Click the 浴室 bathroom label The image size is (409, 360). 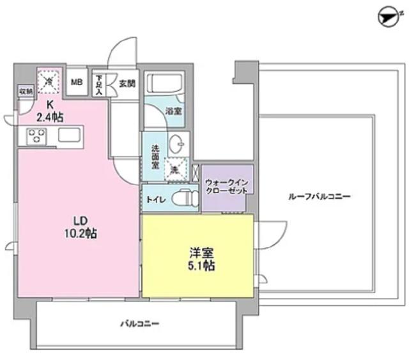point(173,111)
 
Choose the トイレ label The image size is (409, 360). point(157,200)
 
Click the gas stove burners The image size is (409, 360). point(36,136)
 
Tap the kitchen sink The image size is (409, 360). point(68,136)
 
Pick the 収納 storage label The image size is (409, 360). point(25,91)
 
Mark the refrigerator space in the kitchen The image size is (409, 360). point(49,81)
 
